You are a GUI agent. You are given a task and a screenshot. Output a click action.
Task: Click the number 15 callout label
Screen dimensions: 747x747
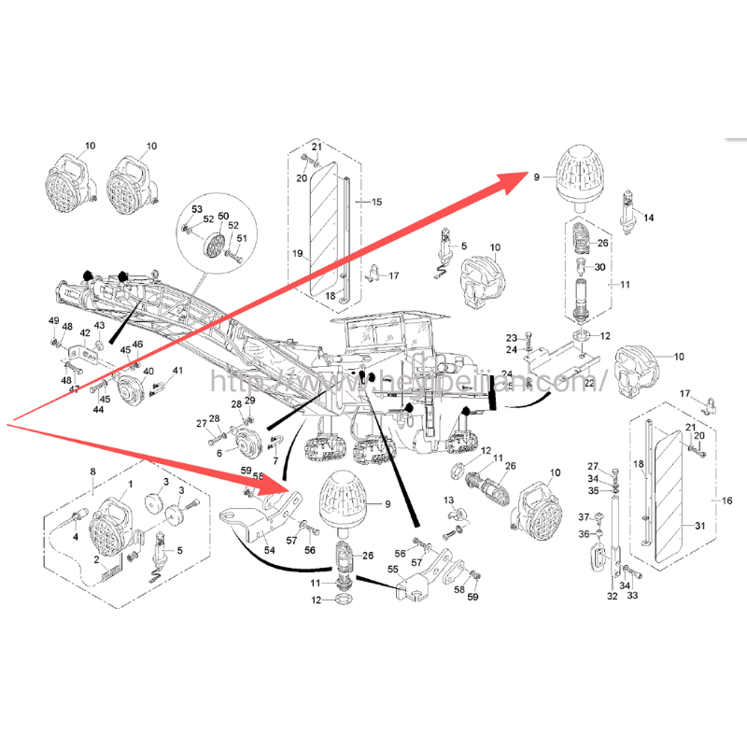(376, 202)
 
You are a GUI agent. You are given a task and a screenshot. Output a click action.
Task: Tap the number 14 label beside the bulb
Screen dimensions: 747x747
(649, 218)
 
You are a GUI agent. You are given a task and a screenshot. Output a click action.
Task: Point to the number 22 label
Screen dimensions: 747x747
(588, 382)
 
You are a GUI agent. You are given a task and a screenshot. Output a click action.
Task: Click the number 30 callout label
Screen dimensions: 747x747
(599, 266)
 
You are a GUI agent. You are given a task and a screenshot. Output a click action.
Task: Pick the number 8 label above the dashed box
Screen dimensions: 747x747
(92, 472)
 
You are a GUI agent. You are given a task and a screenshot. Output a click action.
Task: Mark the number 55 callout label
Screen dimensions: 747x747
(393, 569)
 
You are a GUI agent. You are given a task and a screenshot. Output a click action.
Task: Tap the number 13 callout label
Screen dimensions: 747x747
(449, 501)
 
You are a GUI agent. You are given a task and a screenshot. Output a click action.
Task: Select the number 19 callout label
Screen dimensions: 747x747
(297, 253)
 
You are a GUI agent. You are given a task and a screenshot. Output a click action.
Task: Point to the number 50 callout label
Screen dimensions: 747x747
(222, 217)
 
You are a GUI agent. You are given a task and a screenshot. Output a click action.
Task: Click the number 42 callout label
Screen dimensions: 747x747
(85, 332)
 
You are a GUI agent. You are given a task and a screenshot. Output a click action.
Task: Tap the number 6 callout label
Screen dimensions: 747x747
(219, 453)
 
